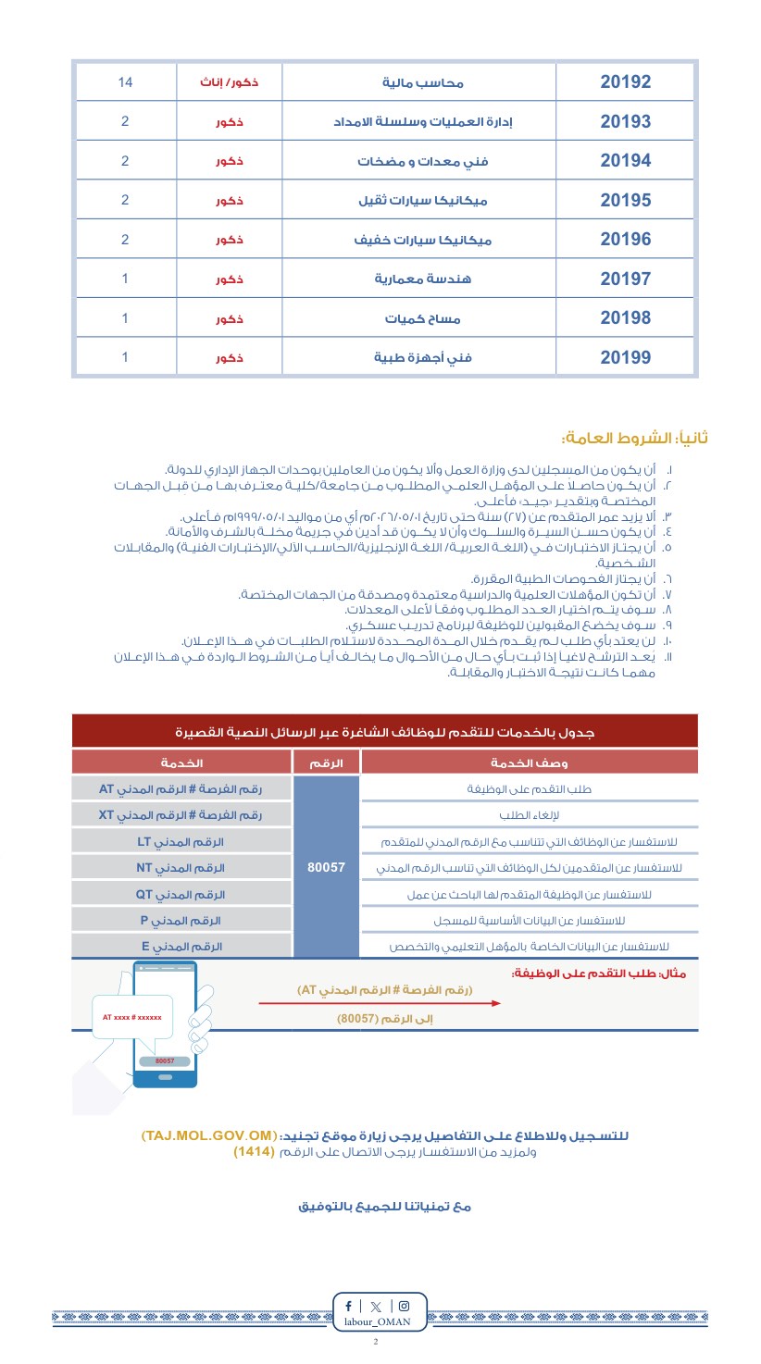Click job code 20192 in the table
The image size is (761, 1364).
click(x=625, y=81)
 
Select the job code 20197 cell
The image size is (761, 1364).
click(x=625, y=279)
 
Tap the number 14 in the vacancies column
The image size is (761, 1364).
click(x=125, y=82)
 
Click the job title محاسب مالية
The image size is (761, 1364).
click(x=423, y=83)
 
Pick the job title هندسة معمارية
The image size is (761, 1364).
click(x=423, y=279)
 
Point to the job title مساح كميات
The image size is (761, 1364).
click(x=423, y=319)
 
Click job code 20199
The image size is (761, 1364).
click(x=625, y=357)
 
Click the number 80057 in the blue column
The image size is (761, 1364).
click(x=326, y=867)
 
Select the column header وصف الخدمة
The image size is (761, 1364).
click(x=529, y=763)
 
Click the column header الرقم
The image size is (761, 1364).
click(x=326, y=763)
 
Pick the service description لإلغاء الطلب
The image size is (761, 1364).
click(x=529, y=815)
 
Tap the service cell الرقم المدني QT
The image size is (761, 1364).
click(x=181, y=894)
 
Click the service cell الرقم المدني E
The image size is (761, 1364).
click(x=181, y=947)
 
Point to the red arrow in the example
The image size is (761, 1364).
click(x=380, y=1002)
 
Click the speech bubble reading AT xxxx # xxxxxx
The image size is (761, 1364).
click(x=132, y=1017)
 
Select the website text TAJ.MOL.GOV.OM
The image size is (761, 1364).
click(x=209, y=1135)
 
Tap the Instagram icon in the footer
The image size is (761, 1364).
click(x=404, y=1306)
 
